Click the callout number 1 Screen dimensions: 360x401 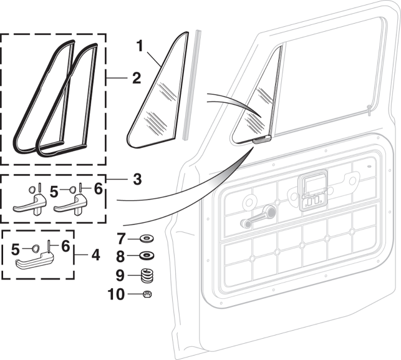coord(140,46)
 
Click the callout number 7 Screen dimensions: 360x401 coord(121,238)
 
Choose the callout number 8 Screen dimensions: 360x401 coord(121,255)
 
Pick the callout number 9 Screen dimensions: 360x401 coord(121,274)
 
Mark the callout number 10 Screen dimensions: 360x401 coord(117,293)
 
